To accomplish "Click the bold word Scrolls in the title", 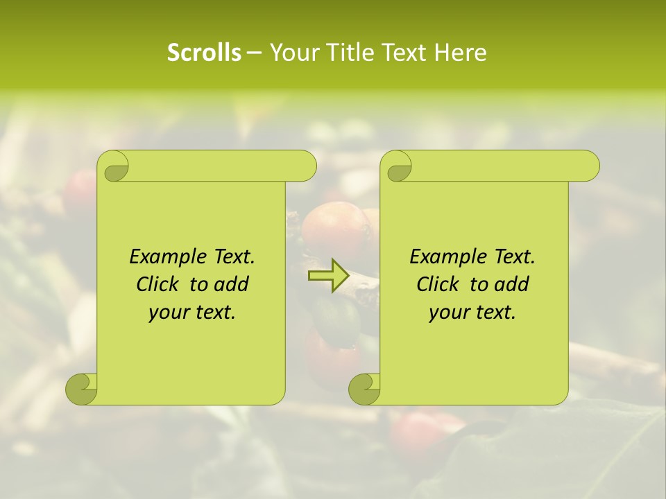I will coord(204,53).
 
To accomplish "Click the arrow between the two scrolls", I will coord(329,276).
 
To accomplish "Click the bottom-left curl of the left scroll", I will coord(81,389).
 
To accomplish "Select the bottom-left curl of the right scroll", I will coord(364,389).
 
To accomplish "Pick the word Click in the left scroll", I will coord(153,284).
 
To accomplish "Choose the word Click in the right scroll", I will coord(433,284).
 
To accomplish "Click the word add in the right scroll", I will coord(513,284).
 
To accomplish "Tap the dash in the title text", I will coord(254,53).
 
